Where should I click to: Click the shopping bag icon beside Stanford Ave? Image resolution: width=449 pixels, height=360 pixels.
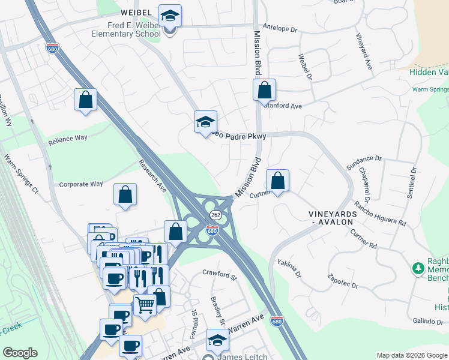click(264, 91)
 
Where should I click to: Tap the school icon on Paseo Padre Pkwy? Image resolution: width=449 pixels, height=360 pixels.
click(205, 122)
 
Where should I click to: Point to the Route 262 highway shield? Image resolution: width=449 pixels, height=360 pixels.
click(214, 215)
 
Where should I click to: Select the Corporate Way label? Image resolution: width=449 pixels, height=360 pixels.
click(80, 185)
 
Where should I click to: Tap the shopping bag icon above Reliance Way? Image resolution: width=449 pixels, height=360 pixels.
click(86, 100)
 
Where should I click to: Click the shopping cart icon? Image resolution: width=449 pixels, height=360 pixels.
click(145, 305)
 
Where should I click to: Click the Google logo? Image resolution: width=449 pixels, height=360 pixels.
click(20, 352)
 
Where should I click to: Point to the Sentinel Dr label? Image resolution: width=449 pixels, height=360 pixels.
click(412, 183)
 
